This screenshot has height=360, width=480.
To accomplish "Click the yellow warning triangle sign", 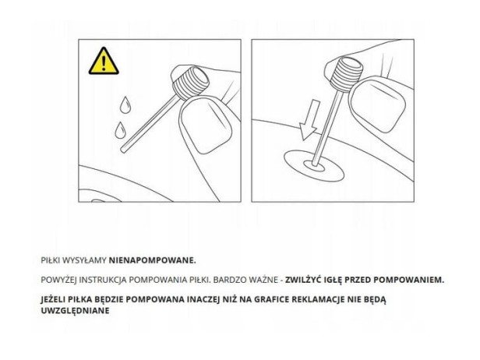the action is (104, 62).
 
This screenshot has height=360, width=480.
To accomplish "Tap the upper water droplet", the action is (125, 106).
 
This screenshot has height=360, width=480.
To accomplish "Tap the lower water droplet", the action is (120, 131).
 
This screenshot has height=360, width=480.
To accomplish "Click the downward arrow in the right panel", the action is (310, 120).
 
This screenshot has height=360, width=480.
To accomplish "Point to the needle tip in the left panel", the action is (123, 150).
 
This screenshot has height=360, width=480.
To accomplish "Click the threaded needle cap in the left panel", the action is (191, 83).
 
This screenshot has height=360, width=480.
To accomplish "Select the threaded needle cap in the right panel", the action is (346, 75).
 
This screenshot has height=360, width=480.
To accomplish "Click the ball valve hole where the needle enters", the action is (314, 166).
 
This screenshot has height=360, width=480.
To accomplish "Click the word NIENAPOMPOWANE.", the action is (153, 260).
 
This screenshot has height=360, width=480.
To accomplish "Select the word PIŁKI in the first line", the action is (51, 260).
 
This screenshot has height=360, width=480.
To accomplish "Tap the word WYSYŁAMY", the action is (84, 260).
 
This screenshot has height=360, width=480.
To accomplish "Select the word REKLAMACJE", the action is (319, 299).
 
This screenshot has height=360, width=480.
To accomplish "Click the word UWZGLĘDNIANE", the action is (75, 311).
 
